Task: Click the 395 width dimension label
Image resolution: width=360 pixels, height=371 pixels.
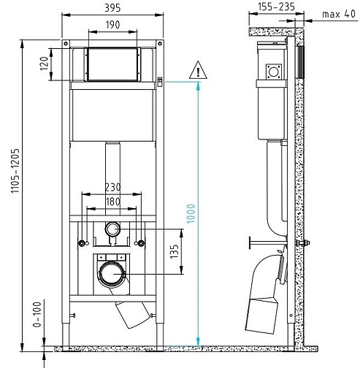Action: tap(112, 7)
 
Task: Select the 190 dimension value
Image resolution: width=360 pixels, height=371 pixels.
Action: tap(112, 25)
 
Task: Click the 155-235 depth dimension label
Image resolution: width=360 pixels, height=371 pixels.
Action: tap(277, 7)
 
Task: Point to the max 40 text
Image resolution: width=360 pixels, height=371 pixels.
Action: tap(339, 14)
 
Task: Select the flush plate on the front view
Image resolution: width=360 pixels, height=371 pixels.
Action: tap(112, 64)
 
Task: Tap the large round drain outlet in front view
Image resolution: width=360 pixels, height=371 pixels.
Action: tap(112, 275)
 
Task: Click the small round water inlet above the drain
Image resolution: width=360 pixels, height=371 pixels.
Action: tap(112, 229)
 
